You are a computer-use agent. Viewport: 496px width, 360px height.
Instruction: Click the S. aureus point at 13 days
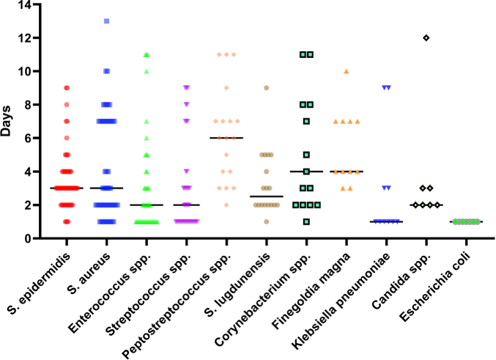click(106, 21)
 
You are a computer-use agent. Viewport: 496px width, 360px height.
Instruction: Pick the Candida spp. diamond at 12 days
click(426, 37)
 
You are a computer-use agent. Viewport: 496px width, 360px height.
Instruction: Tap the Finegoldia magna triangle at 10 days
click(346, 71)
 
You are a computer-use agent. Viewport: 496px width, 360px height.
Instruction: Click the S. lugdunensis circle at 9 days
click(266, 88)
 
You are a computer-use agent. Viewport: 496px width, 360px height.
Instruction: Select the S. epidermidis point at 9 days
click(66, 88)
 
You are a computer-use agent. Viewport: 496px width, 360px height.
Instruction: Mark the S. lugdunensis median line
click(266, 196)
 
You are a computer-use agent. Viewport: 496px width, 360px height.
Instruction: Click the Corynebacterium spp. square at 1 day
click(306, 221)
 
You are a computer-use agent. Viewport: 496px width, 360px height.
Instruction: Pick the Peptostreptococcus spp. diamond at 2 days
click(226, 205)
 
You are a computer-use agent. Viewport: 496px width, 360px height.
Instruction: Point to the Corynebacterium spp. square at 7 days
click(306, 121)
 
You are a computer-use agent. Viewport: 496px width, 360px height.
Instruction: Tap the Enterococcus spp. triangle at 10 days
click(146, 71)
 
